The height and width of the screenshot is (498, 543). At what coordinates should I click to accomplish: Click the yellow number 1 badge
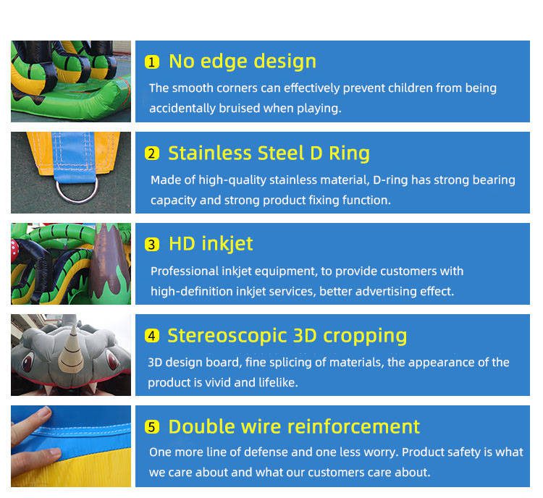pyautogui.click(x=152, y=62)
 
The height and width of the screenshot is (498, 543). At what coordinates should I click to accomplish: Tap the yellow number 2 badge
pyautogui.click(x=152, y=153)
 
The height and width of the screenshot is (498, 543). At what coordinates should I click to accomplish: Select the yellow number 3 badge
pyautogui.click(x=152, y=245)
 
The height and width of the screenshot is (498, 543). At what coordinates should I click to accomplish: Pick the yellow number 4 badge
pyautogui.click(x=152, y=336)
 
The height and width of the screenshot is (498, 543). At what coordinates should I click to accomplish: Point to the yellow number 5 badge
pyautogui.click(x=152, y=427)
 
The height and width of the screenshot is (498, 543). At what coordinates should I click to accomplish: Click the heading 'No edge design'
pyautogui.click(x=243, y=62)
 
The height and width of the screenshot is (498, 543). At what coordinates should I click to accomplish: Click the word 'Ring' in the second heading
pyautogui.click(x=349, y=153)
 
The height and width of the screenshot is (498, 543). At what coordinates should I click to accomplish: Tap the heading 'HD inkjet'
pyautogui.click(x=211, y=244)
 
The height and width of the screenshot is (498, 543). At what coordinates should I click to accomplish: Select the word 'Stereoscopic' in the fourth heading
pyautogui.click(x=227, y=336)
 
